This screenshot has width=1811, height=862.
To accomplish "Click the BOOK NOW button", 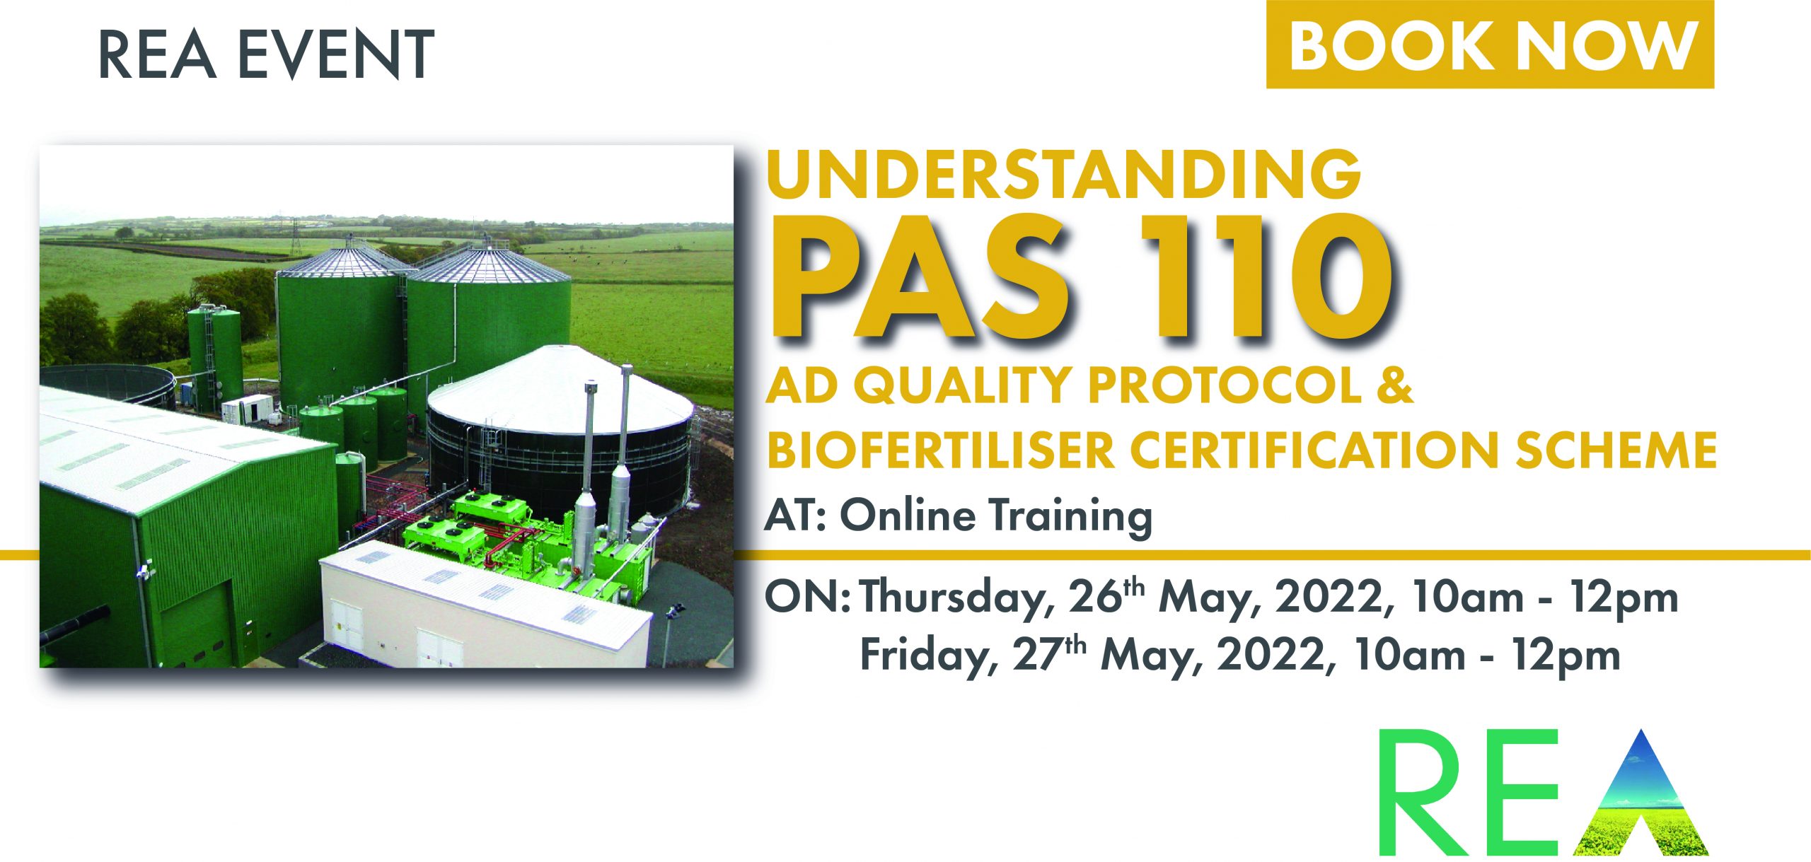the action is click(1490, 45).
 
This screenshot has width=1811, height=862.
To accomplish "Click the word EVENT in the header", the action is click(337, 54).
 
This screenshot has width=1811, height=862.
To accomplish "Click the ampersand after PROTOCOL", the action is click(1394, 385).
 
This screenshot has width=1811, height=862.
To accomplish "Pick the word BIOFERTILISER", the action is click(940, 449).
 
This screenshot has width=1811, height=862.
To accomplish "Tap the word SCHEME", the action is click(1616, 449).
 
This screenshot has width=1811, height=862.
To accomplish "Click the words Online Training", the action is click(996, 515).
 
